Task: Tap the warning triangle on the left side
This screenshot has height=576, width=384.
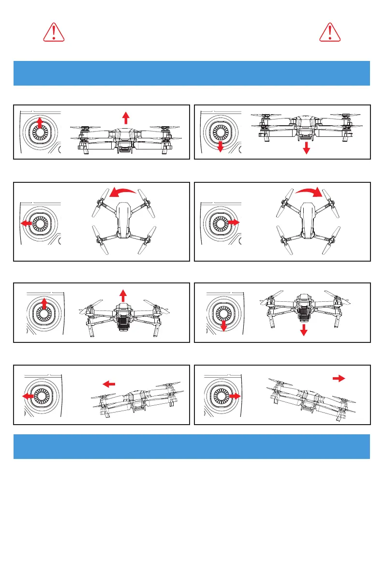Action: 54,32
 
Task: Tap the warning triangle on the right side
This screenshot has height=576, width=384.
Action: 330,32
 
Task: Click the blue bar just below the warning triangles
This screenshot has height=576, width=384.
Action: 192,73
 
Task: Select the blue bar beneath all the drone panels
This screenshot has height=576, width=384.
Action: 192,446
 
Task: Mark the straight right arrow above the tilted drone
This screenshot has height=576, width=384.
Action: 338,379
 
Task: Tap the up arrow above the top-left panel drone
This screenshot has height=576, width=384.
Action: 126,118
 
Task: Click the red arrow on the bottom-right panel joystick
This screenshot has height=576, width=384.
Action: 235,396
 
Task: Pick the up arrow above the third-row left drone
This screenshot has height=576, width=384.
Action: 123,295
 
